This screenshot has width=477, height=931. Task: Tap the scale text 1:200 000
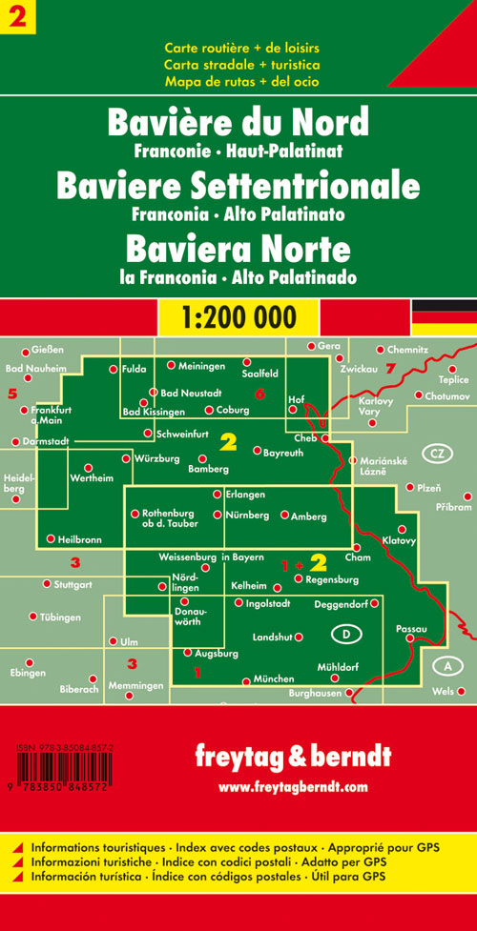point(238,316)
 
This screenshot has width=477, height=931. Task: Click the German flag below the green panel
point(444,315)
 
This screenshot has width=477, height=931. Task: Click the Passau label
point(409,630)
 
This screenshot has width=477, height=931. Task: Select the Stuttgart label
point(73,583)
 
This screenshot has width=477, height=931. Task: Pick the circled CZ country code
point(437,453)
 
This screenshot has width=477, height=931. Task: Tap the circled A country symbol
point(446,665)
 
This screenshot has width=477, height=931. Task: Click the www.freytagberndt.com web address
point(292,787)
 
